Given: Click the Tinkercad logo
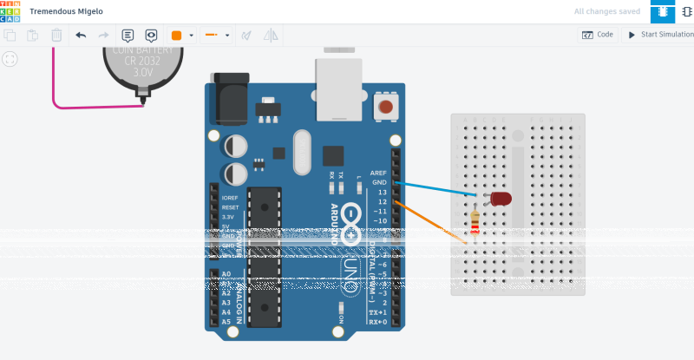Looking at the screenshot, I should pyautogui.click(x=11, y=11).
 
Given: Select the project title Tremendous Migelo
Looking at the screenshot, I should pyautogui.click(x=66, y=12).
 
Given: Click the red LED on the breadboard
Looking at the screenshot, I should pyautogui.click(x=501, y=199).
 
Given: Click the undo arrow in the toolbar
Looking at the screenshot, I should pyautogui.click(x=81, y=36).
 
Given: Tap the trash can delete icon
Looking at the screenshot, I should pyautogui.click(x=56, y=36).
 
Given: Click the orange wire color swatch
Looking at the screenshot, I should pyautogui.click(x=177, y=36).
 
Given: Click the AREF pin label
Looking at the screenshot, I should pyautogui.click(x=377, y=173).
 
